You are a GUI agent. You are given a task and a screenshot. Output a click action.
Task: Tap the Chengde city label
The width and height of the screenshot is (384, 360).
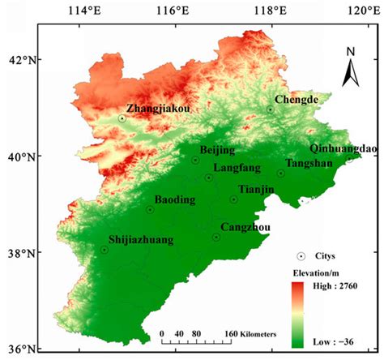297,100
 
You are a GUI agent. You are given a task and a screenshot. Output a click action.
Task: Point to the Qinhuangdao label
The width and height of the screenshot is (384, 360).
343,148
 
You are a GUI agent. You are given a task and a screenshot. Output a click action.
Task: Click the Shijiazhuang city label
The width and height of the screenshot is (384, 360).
143,240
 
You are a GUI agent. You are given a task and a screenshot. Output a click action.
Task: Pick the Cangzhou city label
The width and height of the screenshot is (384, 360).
245,227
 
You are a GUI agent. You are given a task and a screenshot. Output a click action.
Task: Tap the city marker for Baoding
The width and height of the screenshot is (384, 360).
150,209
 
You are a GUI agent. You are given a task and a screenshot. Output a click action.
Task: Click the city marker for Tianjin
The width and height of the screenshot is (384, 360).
234,199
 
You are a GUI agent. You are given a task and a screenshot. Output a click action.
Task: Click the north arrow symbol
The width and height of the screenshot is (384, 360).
349,66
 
